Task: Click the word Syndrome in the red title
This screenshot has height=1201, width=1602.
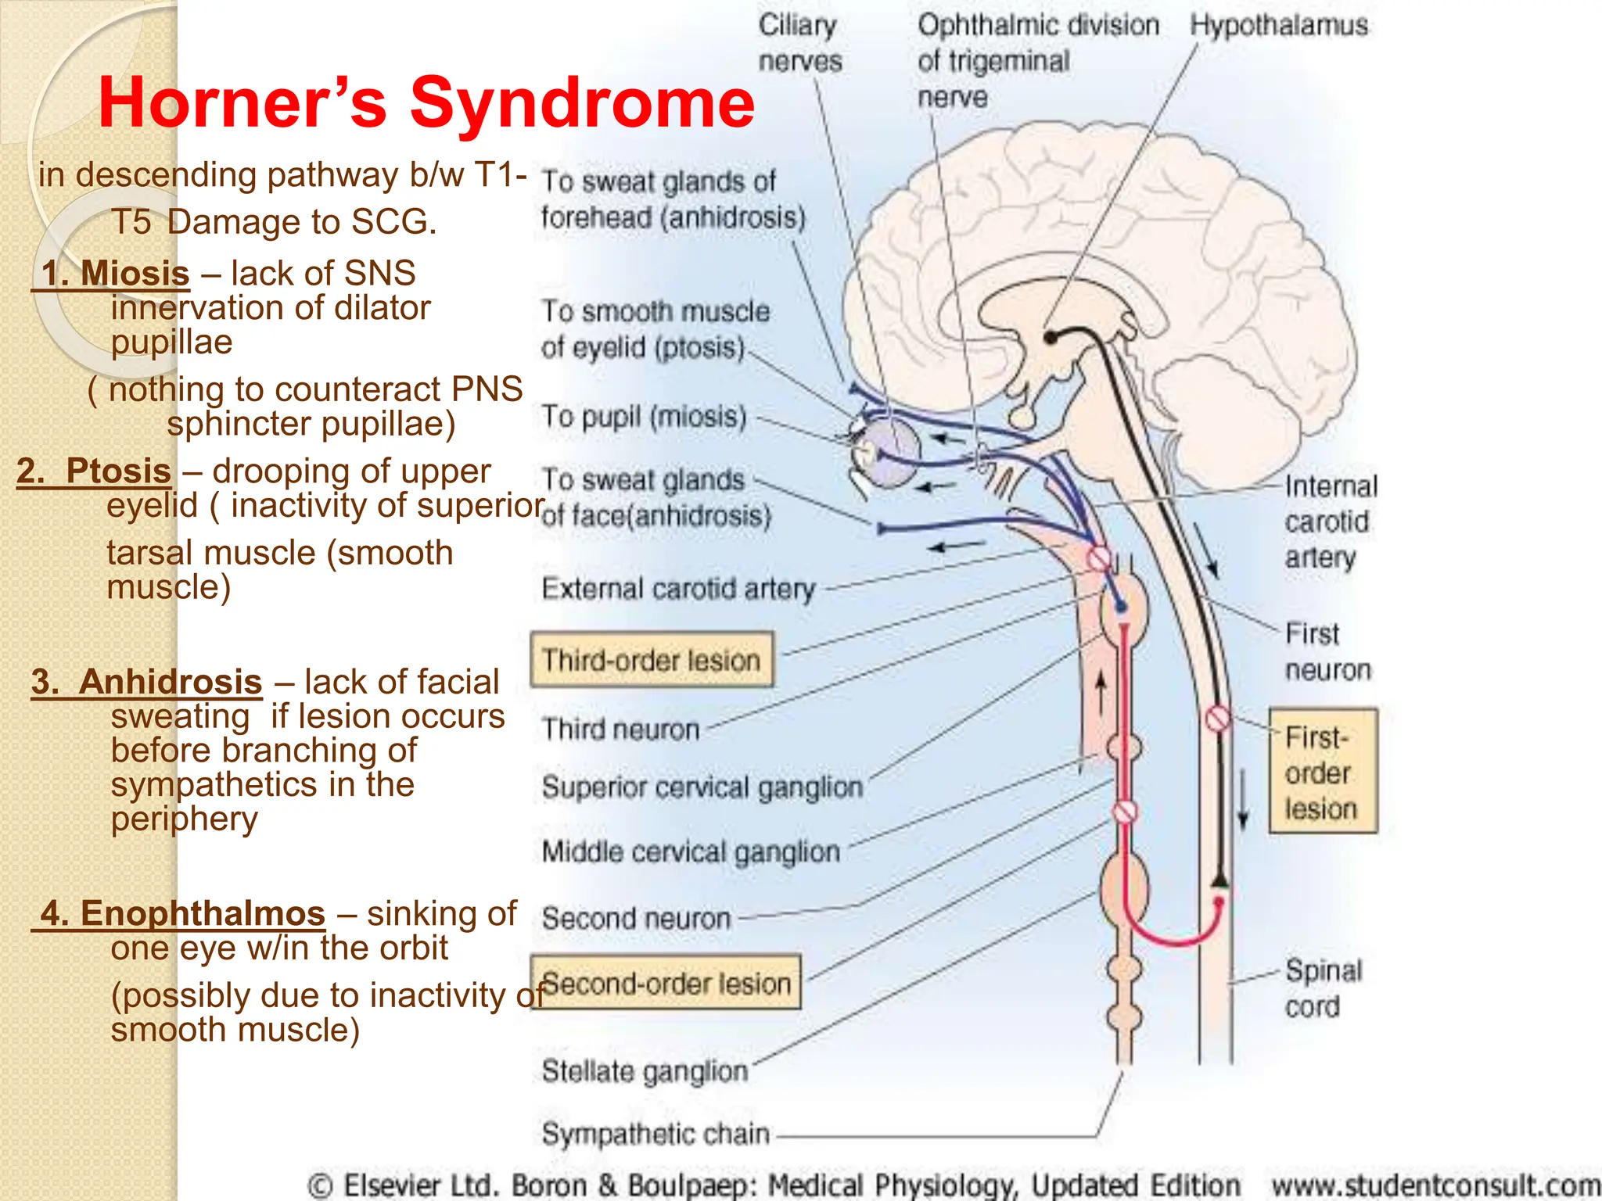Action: (x=583, y=103)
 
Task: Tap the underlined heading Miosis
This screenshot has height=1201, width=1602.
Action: (x=134, y=274)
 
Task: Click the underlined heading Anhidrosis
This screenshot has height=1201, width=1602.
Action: (x=170, y=682)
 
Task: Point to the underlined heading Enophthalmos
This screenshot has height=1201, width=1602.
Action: (x=202, y=913)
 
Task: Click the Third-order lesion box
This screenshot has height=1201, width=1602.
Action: (x=652, y=660)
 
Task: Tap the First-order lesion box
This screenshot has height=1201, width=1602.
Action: (x=1322, y=772)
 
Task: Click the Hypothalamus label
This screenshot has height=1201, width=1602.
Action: (x=1278, y=25)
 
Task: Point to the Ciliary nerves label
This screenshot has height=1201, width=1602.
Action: (x=799, y=43)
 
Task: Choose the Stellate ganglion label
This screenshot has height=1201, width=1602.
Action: (x=645, y=1070)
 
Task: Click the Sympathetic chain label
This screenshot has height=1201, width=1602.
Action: (x=656, y=1133)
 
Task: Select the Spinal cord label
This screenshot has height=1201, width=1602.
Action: (x=1323, y=988)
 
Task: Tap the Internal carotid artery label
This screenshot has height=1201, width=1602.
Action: (x=1329, y=522)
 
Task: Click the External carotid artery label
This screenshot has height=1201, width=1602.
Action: (x=678, y=588)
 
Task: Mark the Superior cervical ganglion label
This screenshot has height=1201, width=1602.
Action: (x=702, y=787)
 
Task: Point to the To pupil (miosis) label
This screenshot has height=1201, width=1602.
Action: (x=644, y=416)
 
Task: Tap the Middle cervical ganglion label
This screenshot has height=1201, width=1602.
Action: (x=691, y=851)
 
